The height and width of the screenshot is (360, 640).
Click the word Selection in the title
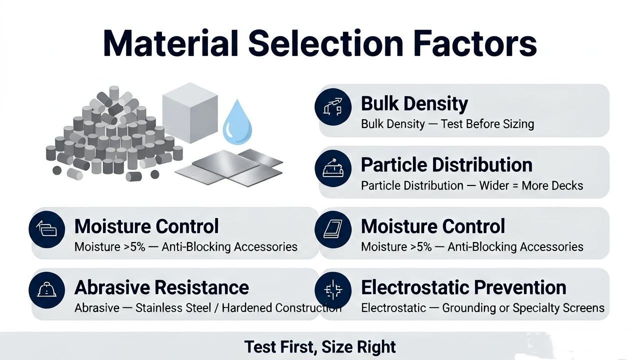click(325, 43)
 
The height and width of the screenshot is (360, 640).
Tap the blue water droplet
click(237, 122)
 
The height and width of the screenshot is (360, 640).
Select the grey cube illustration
click(190, 113)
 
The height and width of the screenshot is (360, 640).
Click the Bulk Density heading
click(414, 103)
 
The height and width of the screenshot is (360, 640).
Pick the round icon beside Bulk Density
click(333, 107)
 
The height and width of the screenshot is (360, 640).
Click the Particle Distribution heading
click(446, 165)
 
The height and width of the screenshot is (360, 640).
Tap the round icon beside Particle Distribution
click(333, 168)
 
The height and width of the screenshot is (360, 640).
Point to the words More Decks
click(552, 185)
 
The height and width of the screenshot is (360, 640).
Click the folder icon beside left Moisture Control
click(47, 229)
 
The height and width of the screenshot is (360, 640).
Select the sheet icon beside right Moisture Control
click(333, 229)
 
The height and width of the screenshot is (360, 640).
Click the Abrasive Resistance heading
click(161, 287)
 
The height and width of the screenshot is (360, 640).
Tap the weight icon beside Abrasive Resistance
click(47, 290)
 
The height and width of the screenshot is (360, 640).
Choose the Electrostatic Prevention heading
click(463, 287)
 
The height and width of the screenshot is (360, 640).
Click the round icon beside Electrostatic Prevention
click(333, 290)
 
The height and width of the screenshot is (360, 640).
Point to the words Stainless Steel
click(173, 308)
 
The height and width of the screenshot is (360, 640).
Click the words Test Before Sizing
click(487, 124)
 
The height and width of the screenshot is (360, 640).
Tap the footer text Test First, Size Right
click(320, 347)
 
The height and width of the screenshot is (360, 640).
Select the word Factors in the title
click(475, 43)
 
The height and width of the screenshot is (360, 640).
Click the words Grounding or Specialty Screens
click(523, 308)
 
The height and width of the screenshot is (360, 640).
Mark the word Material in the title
click(170, 43)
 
